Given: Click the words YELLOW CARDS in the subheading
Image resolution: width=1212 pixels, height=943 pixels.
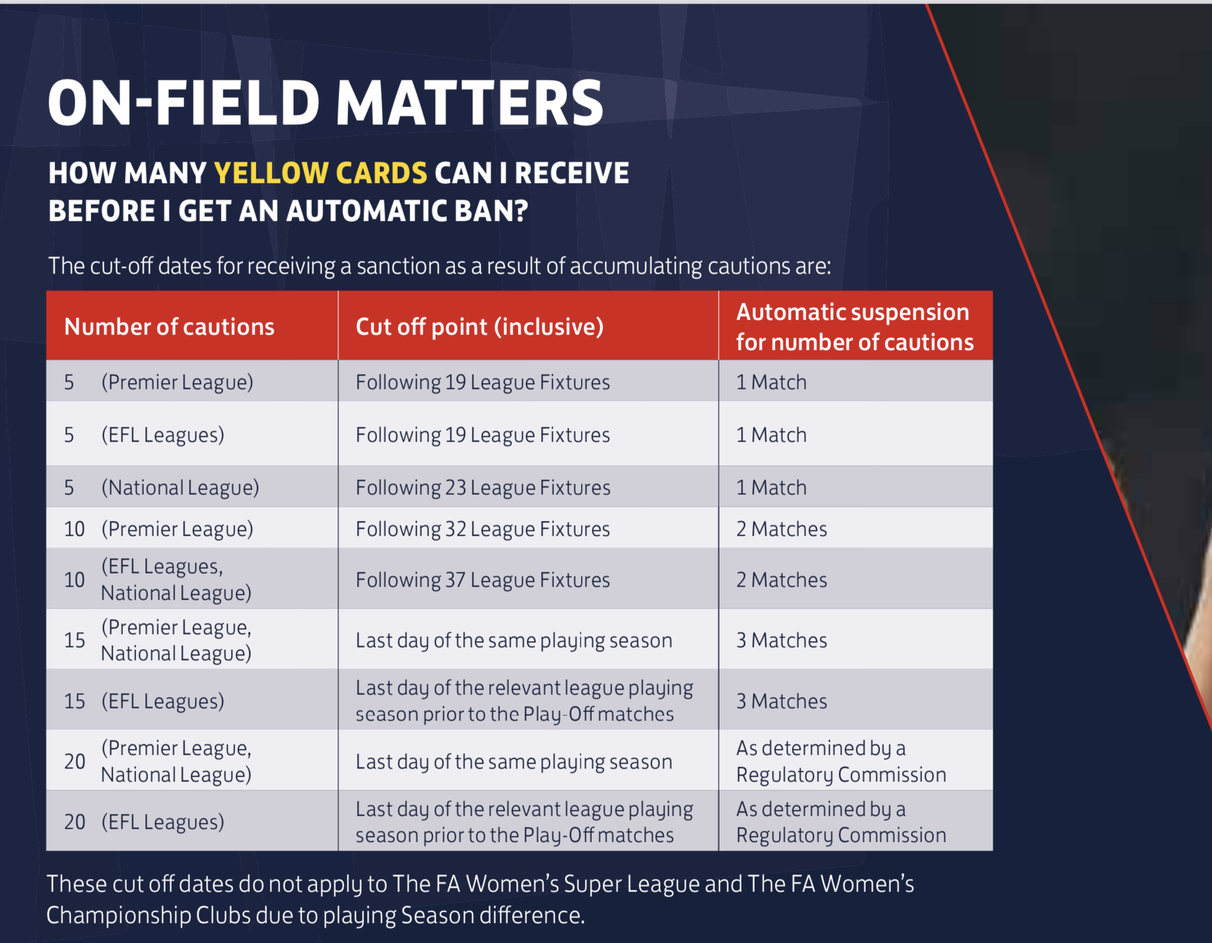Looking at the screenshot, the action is point(320,173).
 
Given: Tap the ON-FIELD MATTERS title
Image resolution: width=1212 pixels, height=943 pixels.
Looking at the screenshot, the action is point(325,103).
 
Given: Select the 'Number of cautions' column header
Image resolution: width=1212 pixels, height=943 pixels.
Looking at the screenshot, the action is point(169,327).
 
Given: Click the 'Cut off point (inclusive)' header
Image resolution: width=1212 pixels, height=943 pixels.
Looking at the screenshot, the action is point(479,327).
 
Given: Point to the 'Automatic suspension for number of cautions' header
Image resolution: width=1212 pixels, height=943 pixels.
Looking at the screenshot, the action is point(855,327).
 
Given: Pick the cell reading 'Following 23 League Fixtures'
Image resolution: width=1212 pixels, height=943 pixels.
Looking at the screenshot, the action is point(483,488).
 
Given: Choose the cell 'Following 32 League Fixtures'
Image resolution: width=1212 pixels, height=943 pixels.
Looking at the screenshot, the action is point(483,529).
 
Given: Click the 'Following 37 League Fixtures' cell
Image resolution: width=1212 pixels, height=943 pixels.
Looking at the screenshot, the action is point(483,580).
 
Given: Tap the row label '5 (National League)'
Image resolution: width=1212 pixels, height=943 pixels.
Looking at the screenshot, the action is point(162,488).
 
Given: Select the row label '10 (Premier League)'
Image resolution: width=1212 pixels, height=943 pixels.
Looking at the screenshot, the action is point(159,529).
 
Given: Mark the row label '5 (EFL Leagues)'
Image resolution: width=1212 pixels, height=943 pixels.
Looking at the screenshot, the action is point(144,435).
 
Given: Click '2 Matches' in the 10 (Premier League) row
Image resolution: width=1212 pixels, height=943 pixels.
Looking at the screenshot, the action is point(781,529).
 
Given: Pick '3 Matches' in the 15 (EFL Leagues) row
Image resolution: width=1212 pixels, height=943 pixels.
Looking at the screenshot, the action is point(781,701).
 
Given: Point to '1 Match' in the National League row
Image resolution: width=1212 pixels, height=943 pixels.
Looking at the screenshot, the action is point(771,488).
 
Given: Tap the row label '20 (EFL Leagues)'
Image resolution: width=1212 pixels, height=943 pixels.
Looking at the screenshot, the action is point(144,822).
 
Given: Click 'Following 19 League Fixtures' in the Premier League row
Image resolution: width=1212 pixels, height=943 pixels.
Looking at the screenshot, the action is point(483,382).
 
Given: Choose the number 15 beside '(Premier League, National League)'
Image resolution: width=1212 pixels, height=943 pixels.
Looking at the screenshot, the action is point(75,640).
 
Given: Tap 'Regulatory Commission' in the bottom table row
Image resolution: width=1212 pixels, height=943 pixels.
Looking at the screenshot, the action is point(841,835).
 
